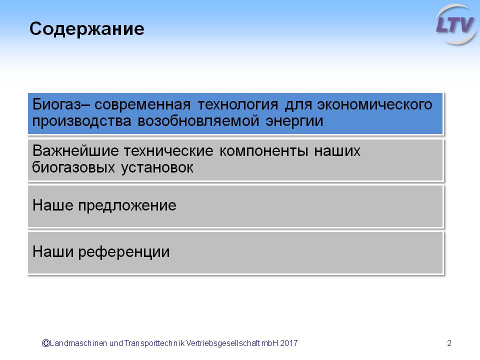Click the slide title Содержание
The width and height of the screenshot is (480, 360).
coord(86,29)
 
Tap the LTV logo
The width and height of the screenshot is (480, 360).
coord(456,24)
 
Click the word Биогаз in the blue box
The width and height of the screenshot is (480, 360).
coord(57,104)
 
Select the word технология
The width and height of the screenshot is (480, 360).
coord(238,105)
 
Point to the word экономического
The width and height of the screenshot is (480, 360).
coord(374,104)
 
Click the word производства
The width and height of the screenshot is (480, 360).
coord(81,121)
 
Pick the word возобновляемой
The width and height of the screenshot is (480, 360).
coord(198,121)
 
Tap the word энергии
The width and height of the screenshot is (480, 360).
coord(294,121)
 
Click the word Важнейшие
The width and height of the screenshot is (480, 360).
coord(75,150)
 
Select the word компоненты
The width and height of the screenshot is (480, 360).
coord(263,151)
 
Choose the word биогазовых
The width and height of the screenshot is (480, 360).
coord(73,168)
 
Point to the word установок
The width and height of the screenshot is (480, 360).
coord(157,168)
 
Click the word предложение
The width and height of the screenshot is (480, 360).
coord(127,205)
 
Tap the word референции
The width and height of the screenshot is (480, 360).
coord(124,252)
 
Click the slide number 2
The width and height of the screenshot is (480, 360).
coord(449,343)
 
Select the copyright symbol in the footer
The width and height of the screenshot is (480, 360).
coord(45,343)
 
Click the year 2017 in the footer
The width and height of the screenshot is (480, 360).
coord(288,343)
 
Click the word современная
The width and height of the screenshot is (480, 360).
coord(142,105)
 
